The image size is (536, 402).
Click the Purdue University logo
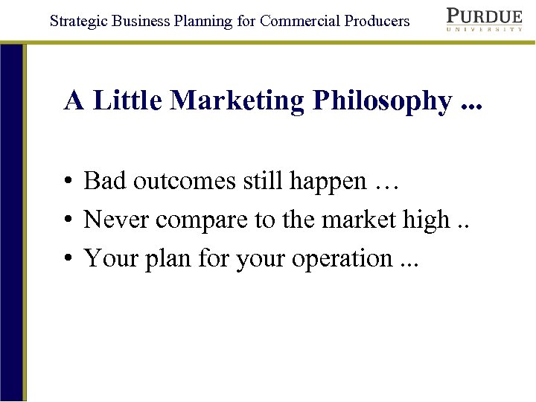click(484, 19)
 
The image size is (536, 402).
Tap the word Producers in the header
click(377, 21)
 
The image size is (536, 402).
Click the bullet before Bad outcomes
click(68, 182)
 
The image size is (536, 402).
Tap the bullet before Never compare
click(68, 220)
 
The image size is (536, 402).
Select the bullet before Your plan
click(68, 259)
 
